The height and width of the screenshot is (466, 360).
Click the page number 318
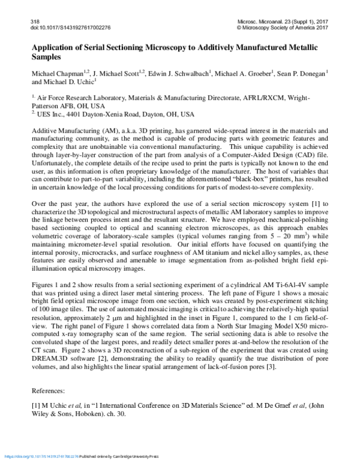[x=34, y=21]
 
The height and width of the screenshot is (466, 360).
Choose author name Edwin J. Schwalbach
[x=178, y=73]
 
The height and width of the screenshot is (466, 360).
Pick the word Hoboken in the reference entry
[x=98, y=414]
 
